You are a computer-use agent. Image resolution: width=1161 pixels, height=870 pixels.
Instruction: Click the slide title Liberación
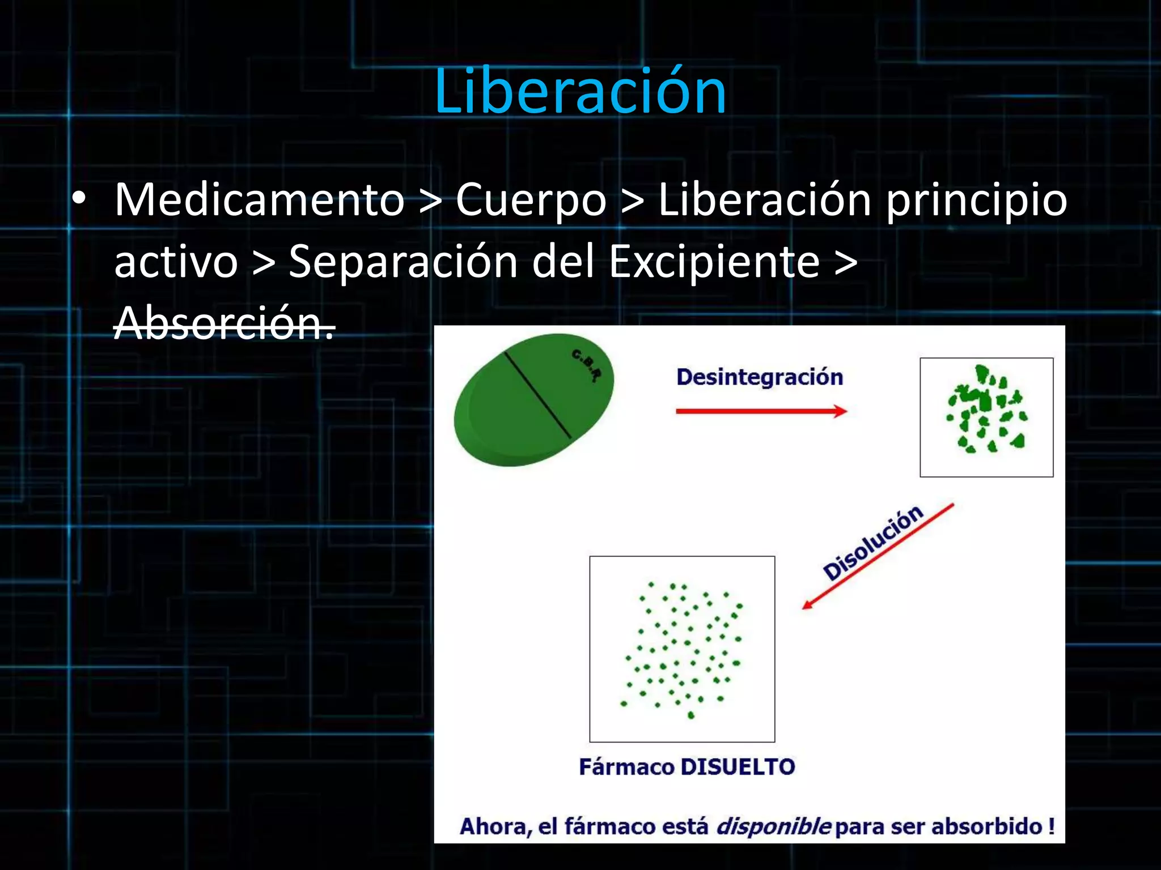(x=580, y=92)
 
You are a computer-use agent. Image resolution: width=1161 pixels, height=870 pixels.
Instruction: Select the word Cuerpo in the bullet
(x=531, y=201)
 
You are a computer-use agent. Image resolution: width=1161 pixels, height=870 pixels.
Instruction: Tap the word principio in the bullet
(x=976, y=201)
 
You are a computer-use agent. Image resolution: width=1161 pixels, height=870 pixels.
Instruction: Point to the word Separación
(x=403, y=262)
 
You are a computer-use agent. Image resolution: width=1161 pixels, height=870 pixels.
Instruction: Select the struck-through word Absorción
(x=224, y=323)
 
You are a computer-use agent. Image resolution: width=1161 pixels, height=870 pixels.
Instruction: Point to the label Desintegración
(x=759, y=377)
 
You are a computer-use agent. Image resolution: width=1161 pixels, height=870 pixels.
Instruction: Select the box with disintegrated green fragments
(x=986, y=417)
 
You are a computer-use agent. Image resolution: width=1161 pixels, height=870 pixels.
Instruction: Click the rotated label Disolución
(x=872, y=543)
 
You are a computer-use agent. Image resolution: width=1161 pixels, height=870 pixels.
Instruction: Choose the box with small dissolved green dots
(x=682, y=649)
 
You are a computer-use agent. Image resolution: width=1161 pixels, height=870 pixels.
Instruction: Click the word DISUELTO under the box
(x=737, y=767)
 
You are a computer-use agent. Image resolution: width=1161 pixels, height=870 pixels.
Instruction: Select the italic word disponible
(x=773, y=826)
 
